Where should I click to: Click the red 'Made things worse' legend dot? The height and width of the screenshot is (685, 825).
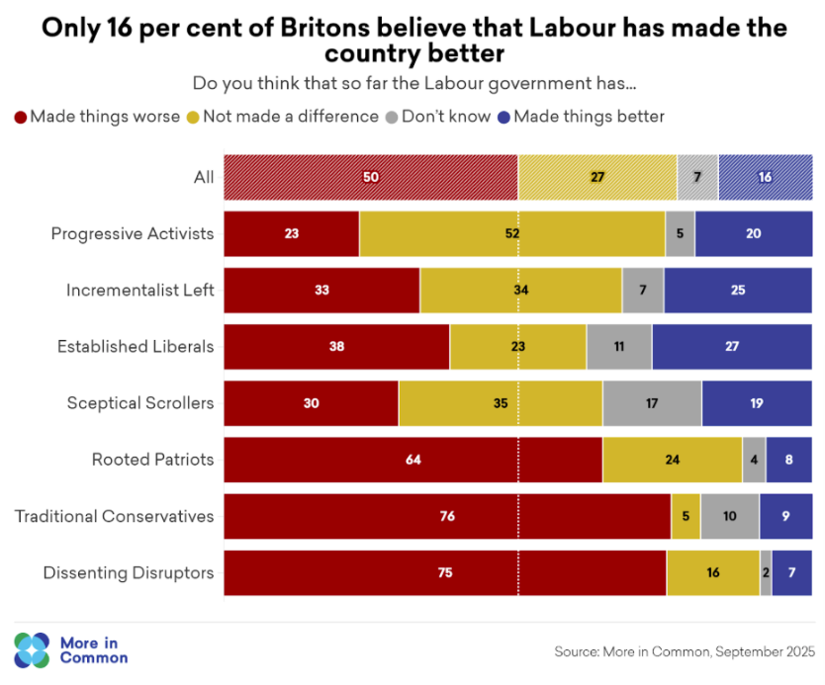tap(21, 117)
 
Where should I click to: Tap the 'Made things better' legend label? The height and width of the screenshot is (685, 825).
tap(589, 117)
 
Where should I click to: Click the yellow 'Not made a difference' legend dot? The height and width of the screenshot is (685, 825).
tap(192, 117)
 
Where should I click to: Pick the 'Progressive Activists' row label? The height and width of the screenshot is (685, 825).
tap(133, 234)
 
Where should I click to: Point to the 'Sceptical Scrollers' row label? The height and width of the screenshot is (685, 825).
tap(140, 403)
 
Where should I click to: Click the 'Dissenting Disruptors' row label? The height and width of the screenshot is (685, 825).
tap(129, 572)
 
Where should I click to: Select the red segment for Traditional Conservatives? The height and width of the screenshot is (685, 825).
tap(446, 516)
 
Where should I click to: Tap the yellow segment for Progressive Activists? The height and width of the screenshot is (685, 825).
tap(511, 234)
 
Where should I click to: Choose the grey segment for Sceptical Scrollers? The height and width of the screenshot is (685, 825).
tap(652, 403)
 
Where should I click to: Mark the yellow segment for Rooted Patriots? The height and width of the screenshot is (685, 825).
tap(672, 460)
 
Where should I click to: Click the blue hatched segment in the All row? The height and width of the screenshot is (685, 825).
tap(765, 178)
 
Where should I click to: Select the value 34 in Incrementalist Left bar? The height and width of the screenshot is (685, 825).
tap(520, 291)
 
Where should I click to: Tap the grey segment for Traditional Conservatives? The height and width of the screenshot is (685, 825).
tap(729, 516)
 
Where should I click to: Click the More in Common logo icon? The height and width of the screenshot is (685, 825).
tap(31, 649)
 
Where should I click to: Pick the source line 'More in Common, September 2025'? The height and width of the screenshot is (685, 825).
tap(685, 651)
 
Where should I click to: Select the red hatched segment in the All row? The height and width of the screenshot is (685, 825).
tap(370, 178)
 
